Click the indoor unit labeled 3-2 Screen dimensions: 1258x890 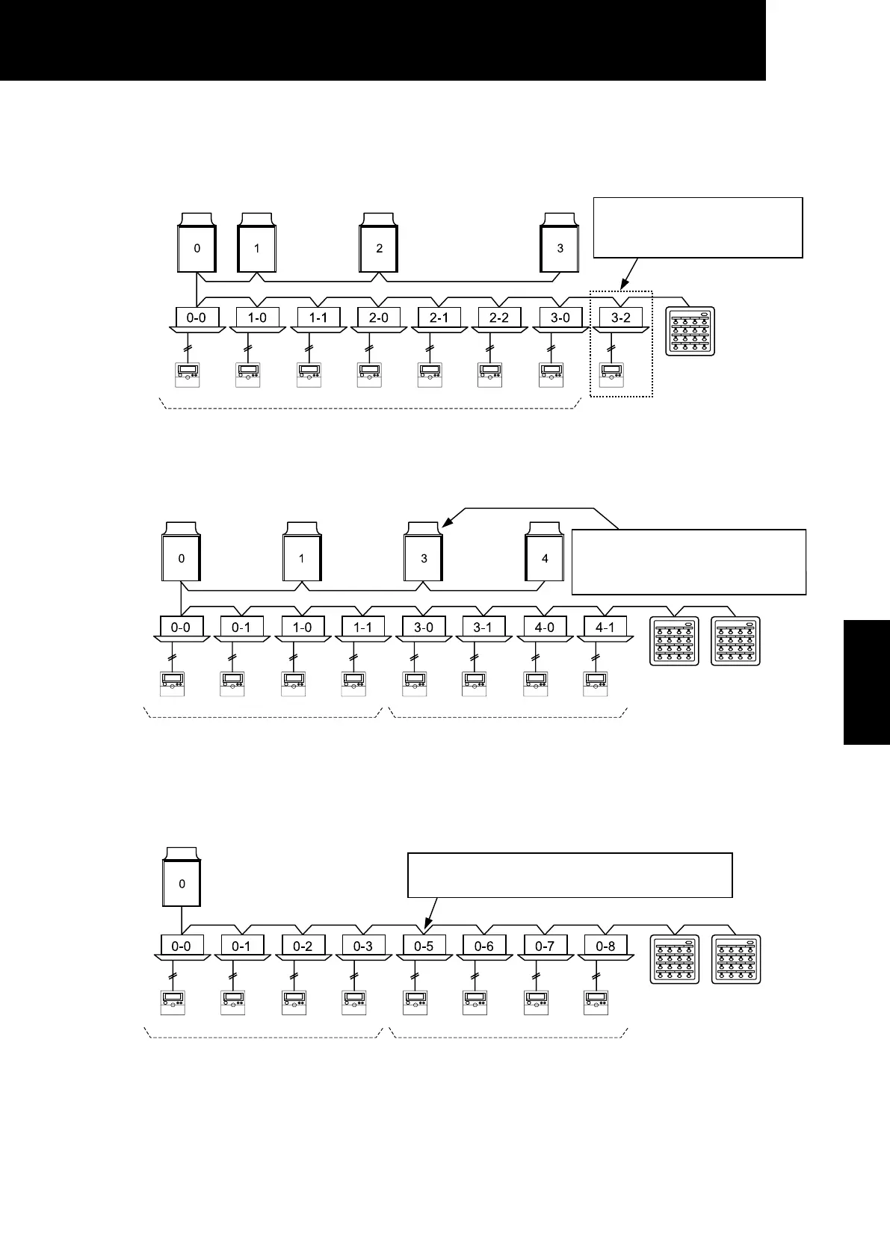[x=621, y=317]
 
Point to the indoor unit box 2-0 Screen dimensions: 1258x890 [x=379, y=317]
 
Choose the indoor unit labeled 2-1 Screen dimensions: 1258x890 [x=439, y=317]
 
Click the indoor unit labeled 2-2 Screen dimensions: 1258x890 [x=499, y=317]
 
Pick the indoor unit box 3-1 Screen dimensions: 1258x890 [x=483, y=628]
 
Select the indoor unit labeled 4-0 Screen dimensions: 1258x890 [x=545, y=628]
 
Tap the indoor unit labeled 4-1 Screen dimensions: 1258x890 [x=605, y=628]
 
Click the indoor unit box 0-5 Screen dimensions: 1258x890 [x=424, y=946]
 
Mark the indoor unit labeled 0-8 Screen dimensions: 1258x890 [x=605, y=946]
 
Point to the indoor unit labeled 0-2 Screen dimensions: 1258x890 [x=303, y=946]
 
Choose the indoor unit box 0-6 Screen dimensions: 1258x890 [x=483, y=946]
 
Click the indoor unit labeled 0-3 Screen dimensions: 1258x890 [x=362, y=946]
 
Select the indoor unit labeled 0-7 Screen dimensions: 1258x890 [x=545, y=946]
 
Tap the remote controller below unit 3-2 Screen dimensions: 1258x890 [x=612, y=374]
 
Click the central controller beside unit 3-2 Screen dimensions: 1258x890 [x=690, y=331]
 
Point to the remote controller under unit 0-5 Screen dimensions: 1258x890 [x=415, y=1002]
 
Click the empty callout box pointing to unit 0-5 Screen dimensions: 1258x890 [x=569, y=875]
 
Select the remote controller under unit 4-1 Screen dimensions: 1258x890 [x=596, y=684]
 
